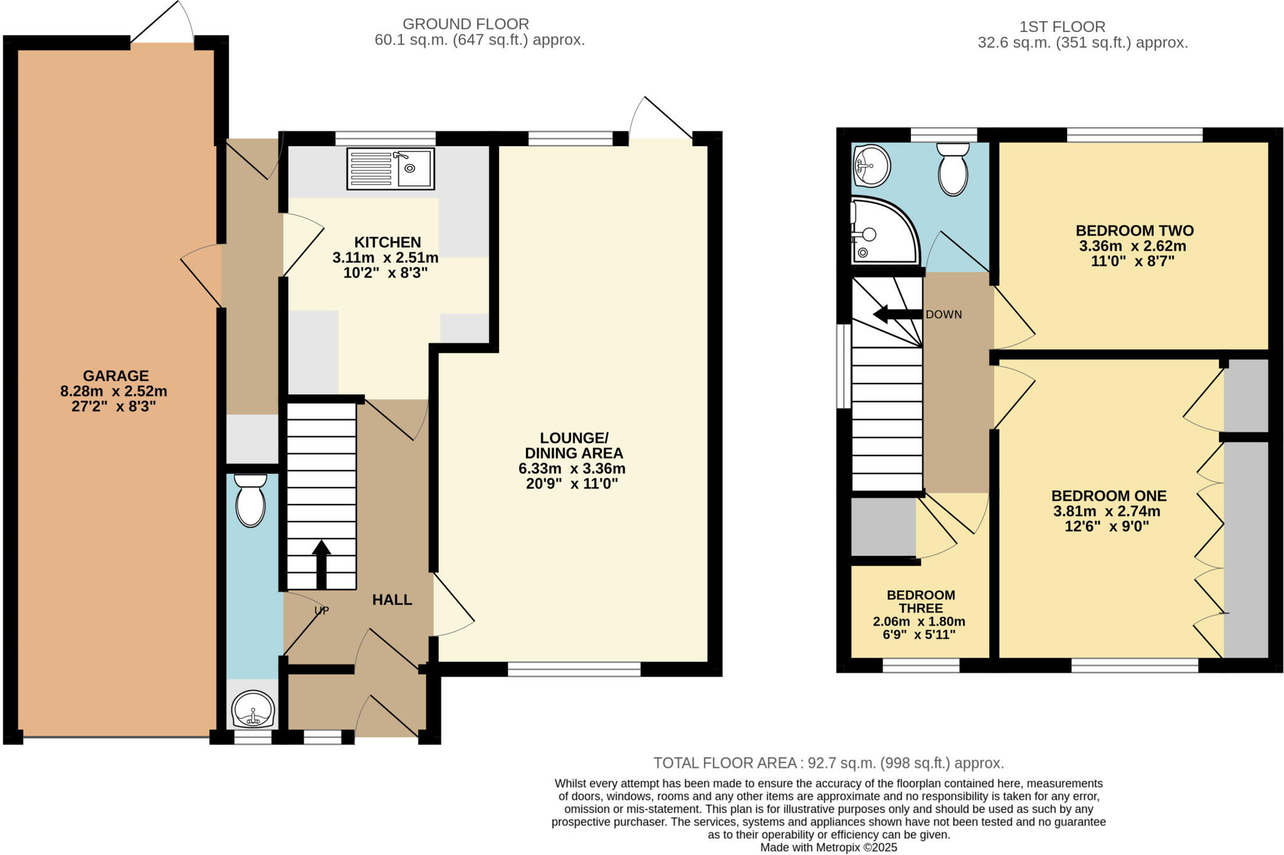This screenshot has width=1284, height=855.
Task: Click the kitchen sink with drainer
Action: (390, 169)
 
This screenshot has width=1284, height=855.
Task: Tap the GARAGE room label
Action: (116, 376)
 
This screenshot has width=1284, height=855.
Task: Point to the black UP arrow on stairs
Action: (321, 564)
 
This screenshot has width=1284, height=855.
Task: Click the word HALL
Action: (392, 600)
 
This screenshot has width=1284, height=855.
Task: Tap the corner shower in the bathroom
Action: (882, 232)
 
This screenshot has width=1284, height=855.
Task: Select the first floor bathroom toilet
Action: (953, 169)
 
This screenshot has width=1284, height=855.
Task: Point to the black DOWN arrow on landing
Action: (897, 314)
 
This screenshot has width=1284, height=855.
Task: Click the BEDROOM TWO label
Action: (1134, 230)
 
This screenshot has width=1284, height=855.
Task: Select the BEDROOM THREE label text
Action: (920, 601)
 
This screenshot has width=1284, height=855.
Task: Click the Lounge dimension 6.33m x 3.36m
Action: (571, 468)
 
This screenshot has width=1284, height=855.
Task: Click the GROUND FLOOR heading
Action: (465, 24)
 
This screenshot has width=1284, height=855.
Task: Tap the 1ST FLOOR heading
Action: (1061, 27)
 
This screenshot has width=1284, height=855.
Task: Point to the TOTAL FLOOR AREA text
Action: (828, 763)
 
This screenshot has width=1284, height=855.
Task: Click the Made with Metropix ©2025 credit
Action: (828, 847)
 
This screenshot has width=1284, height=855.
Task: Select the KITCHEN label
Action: (387, 242)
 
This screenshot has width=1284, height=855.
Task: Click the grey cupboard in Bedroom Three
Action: (883, 527)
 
